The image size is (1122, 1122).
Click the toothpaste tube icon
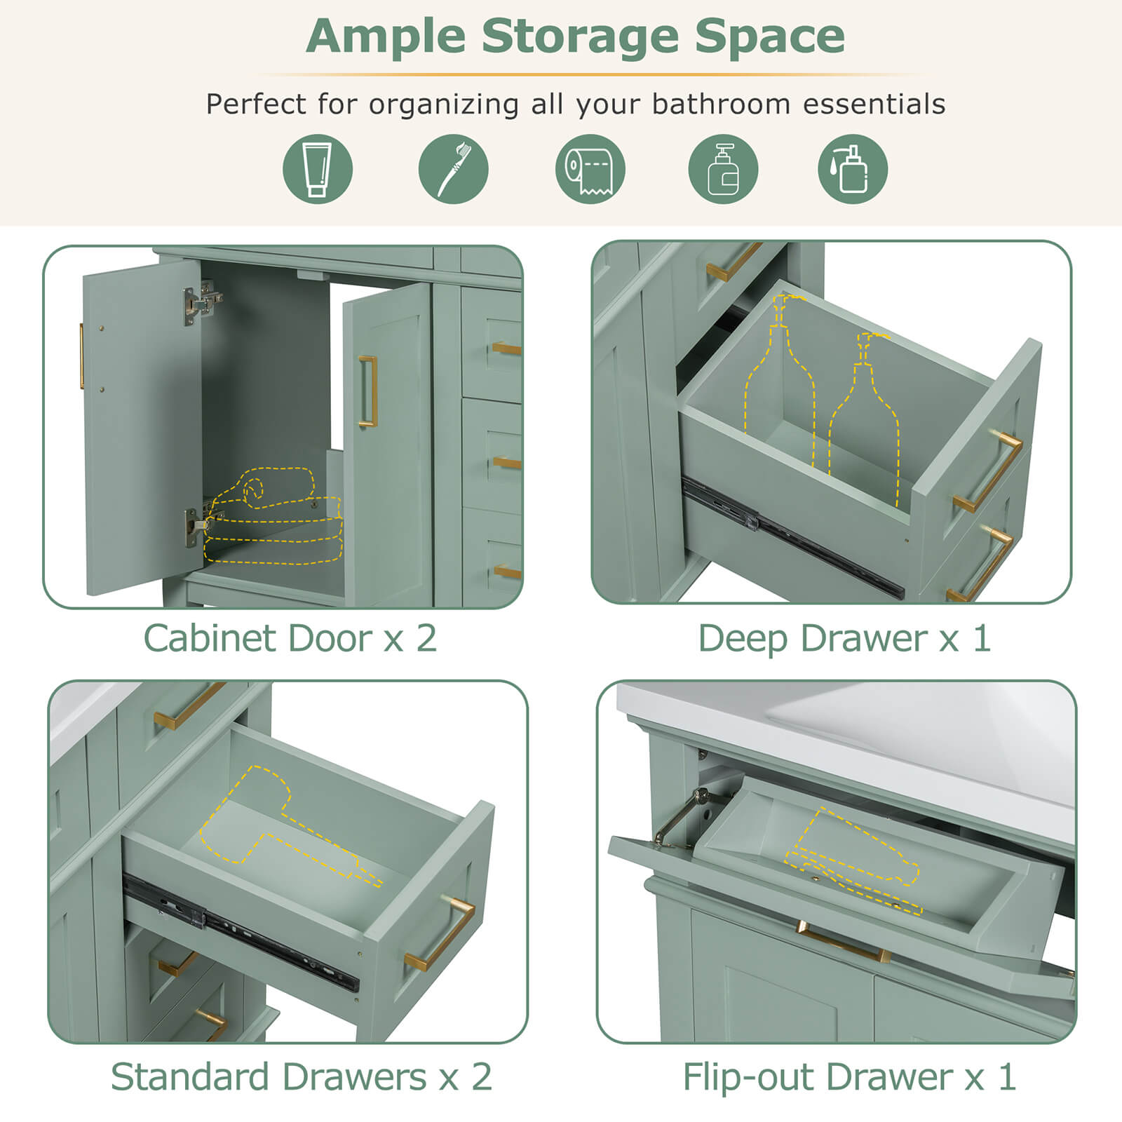click(317, 169)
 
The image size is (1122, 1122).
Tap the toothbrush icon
click(453, 169)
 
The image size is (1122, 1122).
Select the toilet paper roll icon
click(590, 169)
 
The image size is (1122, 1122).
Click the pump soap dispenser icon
click(723, 169)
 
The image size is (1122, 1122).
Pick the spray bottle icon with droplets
click(853, 169)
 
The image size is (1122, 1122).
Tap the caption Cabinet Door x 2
click(290, 639)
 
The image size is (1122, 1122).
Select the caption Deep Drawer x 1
click(844, 639)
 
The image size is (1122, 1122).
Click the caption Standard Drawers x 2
click(301, 1077)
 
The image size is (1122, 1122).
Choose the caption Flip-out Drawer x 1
click(849, 1077)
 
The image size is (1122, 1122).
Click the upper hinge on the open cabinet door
click(201, 302)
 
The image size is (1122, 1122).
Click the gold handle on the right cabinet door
click(368, 391)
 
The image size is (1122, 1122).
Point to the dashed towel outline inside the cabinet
click(273, 519)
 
